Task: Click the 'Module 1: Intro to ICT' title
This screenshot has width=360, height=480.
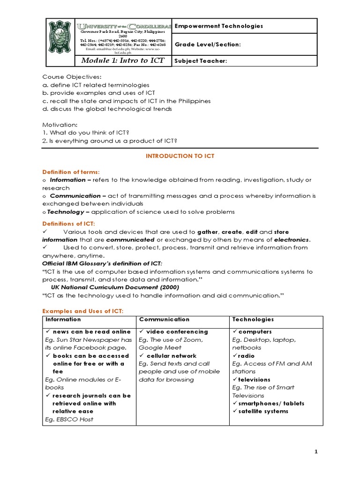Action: click(x=123, y=60)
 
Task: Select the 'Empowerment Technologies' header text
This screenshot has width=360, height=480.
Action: click(x=218, y=26)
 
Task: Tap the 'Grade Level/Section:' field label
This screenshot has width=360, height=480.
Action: click(x=208, y=45)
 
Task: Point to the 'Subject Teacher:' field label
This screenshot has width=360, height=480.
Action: click(x=201, y=61)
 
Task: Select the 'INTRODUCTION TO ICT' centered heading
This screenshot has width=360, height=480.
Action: click(x=180, y=156)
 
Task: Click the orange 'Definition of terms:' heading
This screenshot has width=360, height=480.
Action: click(x=71, y=172)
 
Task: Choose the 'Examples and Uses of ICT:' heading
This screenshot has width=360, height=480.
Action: click(x=83, y=311)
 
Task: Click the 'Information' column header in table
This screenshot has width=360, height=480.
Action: click(x=63, y=319)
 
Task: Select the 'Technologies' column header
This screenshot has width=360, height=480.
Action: click(x=253, y=319)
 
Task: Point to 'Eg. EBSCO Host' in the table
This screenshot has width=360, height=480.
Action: click(x=69, y=419)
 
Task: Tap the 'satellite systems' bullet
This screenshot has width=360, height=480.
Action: click(x=263, y=411)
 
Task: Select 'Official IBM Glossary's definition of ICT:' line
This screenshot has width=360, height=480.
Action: click(x=103, y=264)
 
